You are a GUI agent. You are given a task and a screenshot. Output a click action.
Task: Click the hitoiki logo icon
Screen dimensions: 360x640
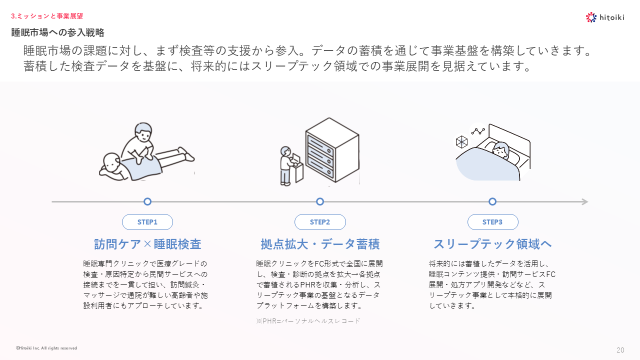[591, 17]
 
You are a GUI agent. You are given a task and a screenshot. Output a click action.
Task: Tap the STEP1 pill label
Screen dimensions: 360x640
[147, 222]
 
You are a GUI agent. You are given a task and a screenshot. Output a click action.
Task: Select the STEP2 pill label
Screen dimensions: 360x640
[320, 222]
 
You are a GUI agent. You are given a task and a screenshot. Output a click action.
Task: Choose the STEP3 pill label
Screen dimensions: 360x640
[492, 222]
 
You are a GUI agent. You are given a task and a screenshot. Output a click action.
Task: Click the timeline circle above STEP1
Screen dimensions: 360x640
[147, 201]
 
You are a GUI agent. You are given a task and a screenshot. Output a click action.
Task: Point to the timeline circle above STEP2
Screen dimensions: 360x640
[320, 201]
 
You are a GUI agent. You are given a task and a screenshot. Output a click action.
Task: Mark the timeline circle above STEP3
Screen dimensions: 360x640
[492, 201]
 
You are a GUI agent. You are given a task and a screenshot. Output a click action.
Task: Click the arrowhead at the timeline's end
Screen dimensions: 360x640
[585, 202]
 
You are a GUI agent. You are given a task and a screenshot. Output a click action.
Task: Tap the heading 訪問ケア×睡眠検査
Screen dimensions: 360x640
[147, 244]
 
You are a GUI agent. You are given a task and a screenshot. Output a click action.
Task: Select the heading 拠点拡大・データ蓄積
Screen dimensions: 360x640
[320, 244]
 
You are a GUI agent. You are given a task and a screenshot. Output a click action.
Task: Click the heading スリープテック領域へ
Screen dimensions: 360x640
[492, 244]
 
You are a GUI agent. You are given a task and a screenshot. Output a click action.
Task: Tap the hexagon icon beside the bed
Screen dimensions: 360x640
[461, 142]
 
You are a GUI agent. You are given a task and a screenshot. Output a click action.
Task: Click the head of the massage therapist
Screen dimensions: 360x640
[143, 132]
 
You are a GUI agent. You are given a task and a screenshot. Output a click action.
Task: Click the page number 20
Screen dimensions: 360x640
[620, 350]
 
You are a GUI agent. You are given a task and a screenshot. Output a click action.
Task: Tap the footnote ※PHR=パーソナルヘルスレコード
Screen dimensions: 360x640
[308, 321]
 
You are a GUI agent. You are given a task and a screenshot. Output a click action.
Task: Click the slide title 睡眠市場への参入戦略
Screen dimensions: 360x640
[58, 32]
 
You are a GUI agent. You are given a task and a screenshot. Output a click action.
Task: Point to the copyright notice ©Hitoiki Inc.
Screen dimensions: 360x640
[46, 348]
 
